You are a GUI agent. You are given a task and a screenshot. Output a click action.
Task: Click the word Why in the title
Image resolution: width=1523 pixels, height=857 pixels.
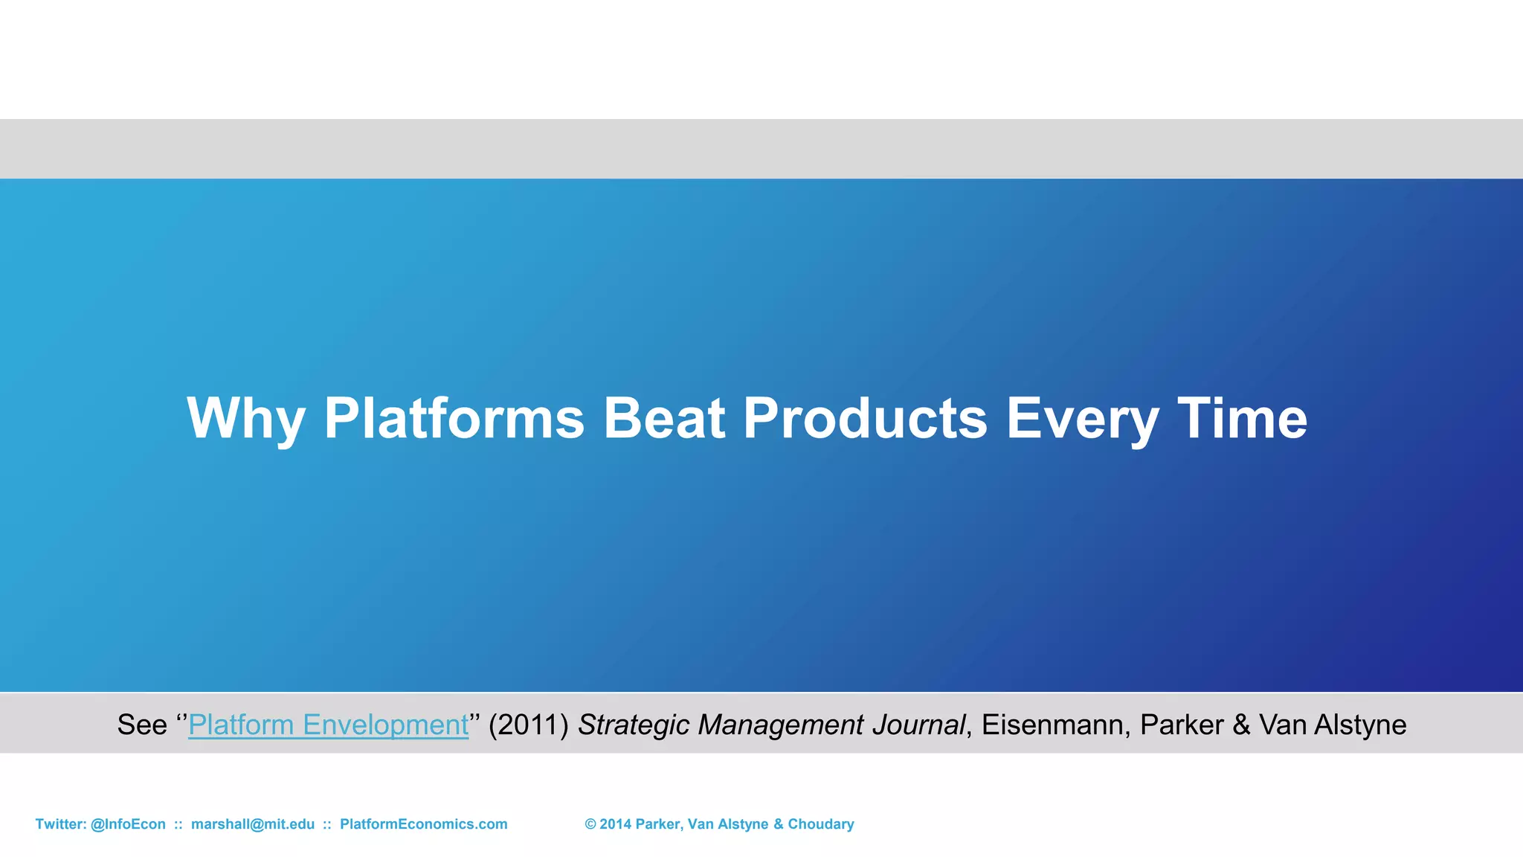point(246,420)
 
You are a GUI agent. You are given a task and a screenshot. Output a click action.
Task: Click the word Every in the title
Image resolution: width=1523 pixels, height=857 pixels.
point(1082,420)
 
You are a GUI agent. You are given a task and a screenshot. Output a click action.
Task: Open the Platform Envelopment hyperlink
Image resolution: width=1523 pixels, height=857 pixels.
point(329,725)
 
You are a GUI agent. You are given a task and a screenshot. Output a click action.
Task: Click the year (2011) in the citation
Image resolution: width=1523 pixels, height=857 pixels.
point(529,725)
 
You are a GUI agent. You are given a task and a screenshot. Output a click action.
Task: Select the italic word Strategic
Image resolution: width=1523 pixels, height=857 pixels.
point(634,725)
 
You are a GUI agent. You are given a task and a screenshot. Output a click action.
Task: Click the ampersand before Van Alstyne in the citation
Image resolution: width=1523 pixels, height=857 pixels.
point(1241,725)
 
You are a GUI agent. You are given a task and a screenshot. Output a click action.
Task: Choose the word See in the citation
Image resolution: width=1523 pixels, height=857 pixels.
point(142,725)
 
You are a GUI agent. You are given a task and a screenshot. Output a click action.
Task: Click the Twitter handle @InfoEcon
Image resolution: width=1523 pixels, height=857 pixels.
point(128,824)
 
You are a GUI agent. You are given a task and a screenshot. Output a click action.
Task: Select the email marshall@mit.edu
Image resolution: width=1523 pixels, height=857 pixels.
point(253,824)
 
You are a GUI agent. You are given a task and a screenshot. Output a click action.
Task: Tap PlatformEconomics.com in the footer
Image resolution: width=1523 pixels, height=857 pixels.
point(424,824)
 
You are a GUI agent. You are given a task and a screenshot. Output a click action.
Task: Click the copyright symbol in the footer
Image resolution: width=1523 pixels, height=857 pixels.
point(590,824)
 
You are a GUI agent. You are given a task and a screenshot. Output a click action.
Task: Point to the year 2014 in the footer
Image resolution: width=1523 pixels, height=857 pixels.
point(616,824)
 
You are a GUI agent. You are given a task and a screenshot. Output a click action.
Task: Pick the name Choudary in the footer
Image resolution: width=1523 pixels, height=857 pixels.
point(821,824)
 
